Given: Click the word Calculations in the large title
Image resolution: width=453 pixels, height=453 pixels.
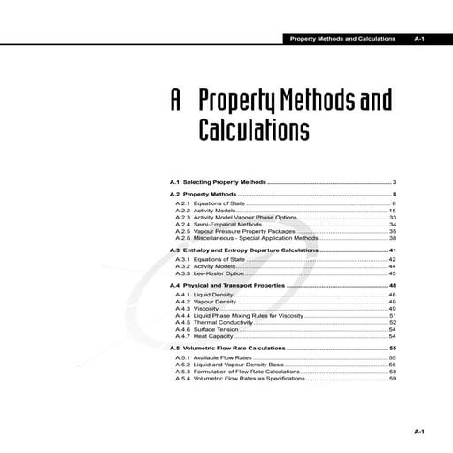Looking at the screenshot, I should point(253,130).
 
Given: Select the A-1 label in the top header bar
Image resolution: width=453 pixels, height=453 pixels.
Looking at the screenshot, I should point(420,40).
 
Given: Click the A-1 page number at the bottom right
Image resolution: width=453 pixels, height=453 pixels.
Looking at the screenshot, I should point(420,431).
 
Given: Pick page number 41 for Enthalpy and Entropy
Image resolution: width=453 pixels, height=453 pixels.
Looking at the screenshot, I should point(392,251).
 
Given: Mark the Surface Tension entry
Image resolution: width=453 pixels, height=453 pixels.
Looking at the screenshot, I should point(215,330).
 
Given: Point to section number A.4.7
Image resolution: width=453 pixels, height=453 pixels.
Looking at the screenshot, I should point(183,337).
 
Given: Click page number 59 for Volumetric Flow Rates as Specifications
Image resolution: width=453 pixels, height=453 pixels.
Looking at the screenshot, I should point(392,379).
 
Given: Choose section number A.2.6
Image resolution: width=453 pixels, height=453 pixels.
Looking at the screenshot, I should point(183,238).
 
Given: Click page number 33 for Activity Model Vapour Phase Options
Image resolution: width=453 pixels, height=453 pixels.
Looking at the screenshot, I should point(392,217).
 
